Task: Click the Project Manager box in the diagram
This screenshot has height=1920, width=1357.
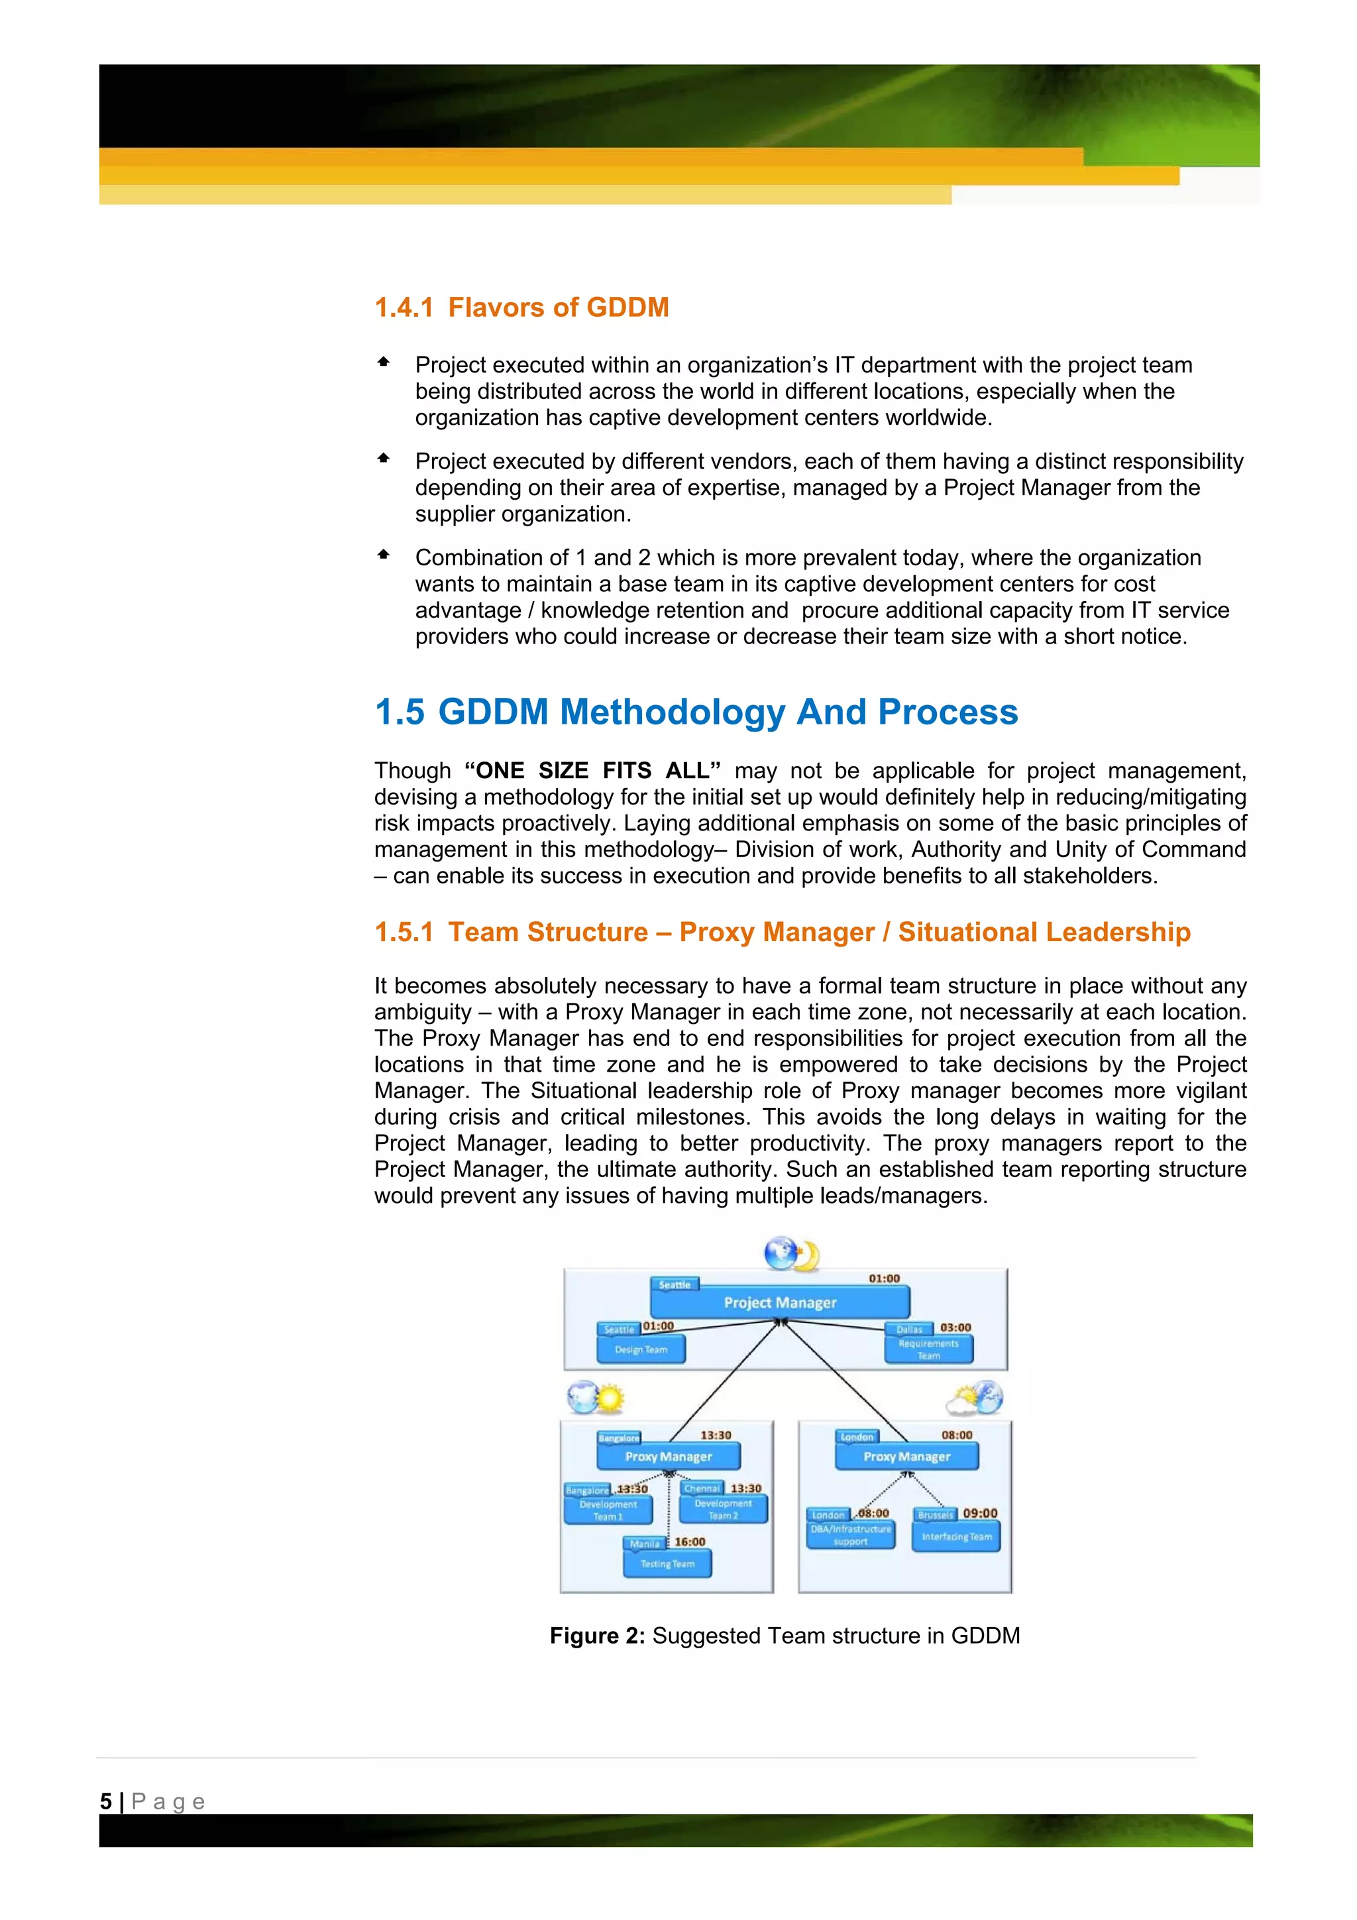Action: tap(779, 1302)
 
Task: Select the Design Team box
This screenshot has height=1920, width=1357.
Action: tap(641, 1349)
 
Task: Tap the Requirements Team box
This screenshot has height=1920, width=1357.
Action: tap(928, 1349)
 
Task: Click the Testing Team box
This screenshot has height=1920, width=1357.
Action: tap(667, 1563)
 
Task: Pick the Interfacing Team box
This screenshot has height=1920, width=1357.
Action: tap(955, 1536)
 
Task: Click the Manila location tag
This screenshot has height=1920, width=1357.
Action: tap(644, 1544)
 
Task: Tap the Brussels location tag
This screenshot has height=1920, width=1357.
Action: tap(935, 1514)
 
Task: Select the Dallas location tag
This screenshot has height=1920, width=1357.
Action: tap(909, 1329)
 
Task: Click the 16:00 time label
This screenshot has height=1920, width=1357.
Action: tap(690, 1541)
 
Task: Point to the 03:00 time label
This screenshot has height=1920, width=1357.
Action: tap(955, 1327)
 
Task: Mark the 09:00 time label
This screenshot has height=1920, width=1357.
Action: tap(980, 1513)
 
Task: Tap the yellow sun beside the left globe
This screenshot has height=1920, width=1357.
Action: tap(610, 1397)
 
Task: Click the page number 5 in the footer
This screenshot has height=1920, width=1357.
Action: tap(105, 1801)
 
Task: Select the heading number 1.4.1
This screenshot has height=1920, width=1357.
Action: tap(404, 308)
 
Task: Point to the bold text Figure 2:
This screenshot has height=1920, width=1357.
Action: tap(597, 1636)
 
